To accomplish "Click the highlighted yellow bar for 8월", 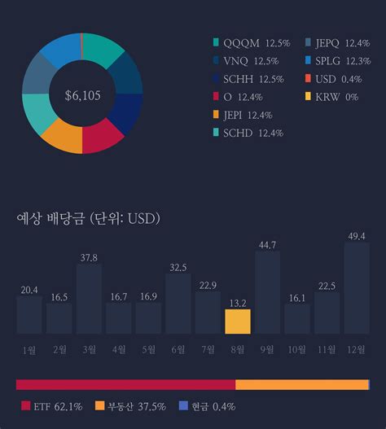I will click(x=237, y=322).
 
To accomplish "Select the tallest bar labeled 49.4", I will click(x=356, y=288).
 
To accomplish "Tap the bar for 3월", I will click(x=89, y=299).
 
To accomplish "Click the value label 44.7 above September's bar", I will click(x=267, y=244).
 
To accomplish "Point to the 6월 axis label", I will click(x=178, y=350).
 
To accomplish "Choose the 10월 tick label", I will click(x=296, y=350).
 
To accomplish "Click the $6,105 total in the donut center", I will click(x=82, y=95).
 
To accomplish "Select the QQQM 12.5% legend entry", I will click(x=251, y=42).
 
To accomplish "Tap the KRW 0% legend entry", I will click(x=331, y=97).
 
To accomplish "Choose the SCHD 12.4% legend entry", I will click(x=251, y=133).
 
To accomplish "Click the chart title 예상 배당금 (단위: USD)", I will click(x=88, y=218).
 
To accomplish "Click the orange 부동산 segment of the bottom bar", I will click(x=301, y=384).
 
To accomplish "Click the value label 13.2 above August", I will click(x=237, y=303).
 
